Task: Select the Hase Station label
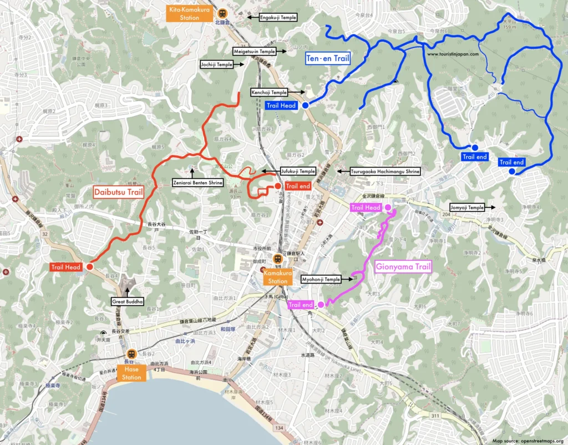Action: (132, 373)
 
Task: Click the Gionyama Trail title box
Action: (403, 267)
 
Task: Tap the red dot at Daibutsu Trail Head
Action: (89, 267)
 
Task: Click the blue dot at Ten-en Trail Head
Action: (305, 105)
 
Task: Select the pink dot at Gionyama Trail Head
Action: (388, 208)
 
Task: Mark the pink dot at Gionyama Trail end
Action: (321, 305)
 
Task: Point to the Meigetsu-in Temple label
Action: (253, 51)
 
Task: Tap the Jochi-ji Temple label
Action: (216, 64)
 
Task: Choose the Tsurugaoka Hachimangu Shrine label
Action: (385, 172)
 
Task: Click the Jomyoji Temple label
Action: (467, 208)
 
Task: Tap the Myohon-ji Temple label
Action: (321, 279)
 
